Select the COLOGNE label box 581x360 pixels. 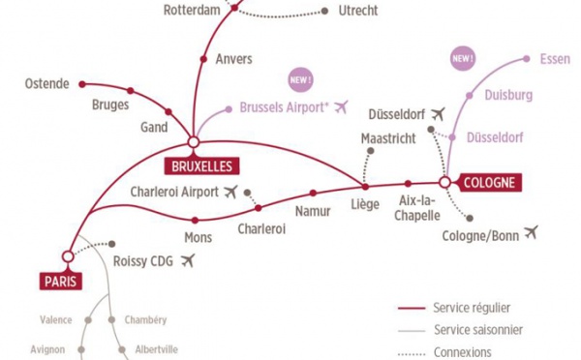492,181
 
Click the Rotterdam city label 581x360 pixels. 195,12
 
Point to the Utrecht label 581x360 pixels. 358,12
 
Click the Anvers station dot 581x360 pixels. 203,60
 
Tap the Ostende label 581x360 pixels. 47,84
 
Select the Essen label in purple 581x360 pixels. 555,60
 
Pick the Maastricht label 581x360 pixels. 387,138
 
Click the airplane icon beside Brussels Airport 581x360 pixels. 340,107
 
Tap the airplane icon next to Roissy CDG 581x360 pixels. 188,259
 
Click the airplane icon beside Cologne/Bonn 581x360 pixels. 530,233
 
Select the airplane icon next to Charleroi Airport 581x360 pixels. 229,191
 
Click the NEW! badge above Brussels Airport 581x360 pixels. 300,77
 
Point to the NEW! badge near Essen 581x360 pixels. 463,59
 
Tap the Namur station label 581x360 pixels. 312,209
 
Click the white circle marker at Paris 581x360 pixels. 67,256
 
